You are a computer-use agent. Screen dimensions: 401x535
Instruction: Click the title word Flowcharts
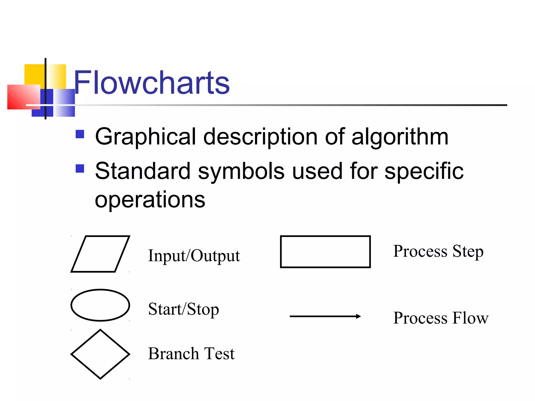pyautogui.click(x=152, y=83)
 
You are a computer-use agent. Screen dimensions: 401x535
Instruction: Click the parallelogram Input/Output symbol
pyautogui.click(x=100, y=254)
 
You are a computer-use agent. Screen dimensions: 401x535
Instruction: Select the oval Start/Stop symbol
pyautogui.click(x=100, y=305)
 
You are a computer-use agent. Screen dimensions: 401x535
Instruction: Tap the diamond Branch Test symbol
pyautogui.click(x=100, y=354)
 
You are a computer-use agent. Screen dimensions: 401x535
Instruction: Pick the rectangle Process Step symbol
pyautogui.click(x=325, y=252)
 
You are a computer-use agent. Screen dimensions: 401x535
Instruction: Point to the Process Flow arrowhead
pyautogui.click(x=358, y=316)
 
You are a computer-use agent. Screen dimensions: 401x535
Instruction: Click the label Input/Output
pyautogui.click(x=194, y=256)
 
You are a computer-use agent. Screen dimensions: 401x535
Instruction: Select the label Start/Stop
pyautogui.click(x=183, y=309)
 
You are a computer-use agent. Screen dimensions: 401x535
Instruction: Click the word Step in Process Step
pyautogui.click(x=468, y=252)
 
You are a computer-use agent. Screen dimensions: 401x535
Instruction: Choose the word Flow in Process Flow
pyautogui.click(x=470, y=318)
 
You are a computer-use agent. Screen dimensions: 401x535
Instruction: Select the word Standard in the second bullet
pyautogui.click(x=143, y=171)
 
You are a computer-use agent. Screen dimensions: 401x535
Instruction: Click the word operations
pyautogui.click(x=150, y=200)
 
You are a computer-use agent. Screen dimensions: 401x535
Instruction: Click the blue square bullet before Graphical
pyautogui.click(x=80, y=134)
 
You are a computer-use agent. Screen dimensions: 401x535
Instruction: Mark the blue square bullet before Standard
pyautogui.click(x=80, y=169)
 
